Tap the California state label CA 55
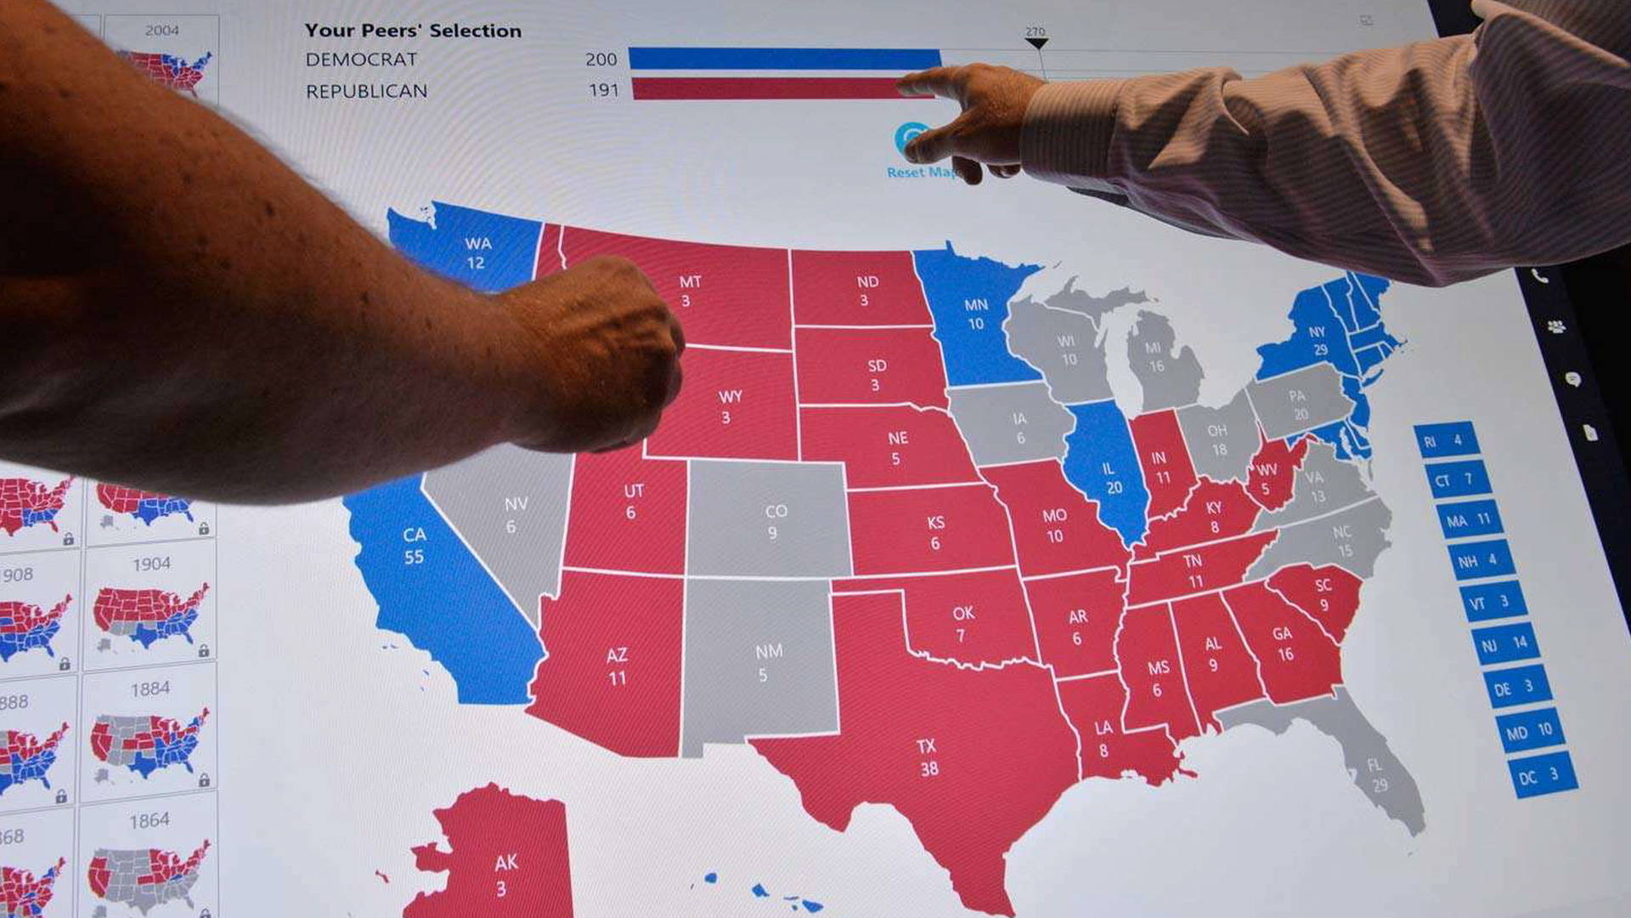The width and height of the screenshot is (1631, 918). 414,546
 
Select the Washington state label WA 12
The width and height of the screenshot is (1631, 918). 477,253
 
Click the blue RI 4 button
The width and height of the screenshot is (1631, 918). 1445,440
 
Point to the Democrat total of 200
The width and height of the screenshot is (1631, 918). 601,59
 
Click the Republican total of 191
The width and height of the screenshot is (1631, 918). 603,90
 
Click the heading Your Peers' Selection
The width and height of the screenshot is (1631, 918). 413,31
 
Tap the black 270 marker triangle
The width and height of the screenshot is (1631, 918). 1036,42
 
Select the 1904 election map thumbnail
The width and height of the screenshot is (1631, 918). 150,608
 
